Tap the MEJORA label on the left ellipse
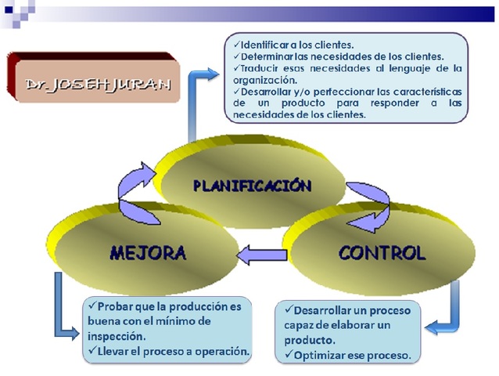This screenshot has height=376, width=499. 149,253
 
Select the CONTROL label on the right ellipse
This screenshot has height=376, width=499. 382,253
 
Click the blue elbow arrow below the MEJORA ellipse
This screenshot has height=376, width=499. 66,313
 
